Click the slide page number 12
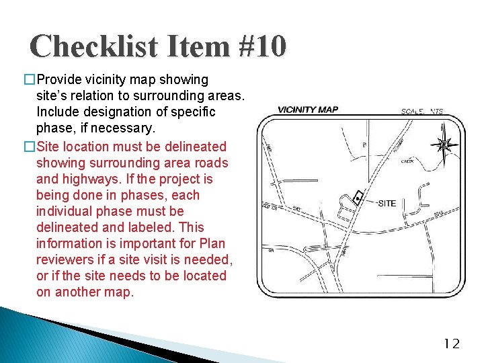point(452,344)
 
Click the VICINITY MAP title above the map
point(308,110)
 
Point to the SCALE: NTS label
point(422,112)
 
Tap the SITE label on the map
point(387,204)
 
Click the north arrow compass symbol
point(444,145)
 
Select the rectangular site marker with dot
point(358,196)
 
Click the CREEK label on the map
point(407,161)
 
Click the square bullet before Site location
point(29,147)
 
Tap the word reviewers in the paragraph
point(65,259)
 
